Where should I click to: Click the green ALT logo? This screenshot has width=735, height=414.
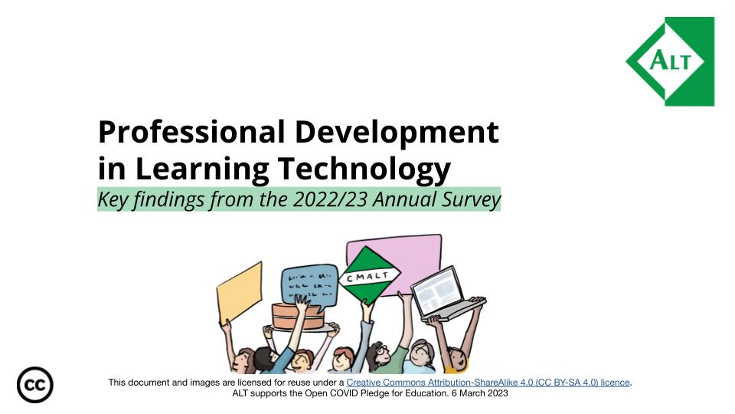[671, 61]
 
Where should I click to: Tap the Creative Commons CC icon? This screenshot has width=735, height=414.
[35, 385]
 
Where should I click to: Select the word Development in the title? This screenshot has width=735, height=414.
[397, 133]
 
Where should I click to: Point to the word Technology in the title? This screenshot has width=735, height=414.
[364, 169]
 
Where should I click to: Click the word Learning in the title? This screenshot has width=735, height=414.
[201, 169]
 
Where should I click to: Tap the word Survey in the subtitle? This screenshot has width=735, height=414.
[472, 200]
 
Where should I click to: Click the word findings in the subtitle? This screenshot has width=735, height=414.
[168, 200]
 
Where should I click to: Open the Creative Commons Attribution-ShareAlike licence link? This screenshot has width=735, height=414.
[488, 383]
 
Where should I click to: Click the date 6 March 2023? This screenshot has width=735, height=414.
[479, 393]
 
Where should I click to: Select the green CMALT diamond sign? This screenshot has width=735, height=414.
[370, 276]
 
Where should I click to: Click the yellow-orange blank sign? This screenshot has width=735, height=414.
[240, 294]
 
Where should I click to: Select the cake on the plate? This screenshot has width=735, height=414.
[298, 316]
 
